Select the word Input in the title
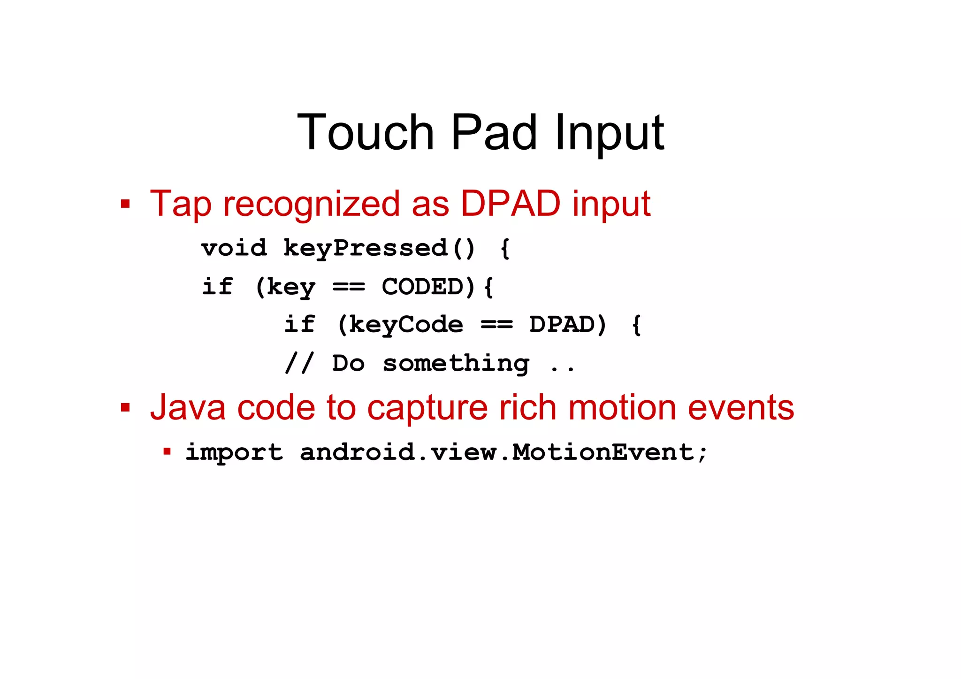[x=609, y=134]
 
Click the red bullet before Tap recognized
[x=125, y=204]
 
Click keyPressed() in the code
[x=379, y=248]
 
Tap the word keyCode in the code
[x=406, y=325]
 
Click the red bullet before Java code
[x=125, y=407]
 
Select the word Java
[x=188, y=407]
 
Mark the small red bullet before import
[x=167, y=451]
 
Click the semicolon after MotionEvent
[x=702, y=453]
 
